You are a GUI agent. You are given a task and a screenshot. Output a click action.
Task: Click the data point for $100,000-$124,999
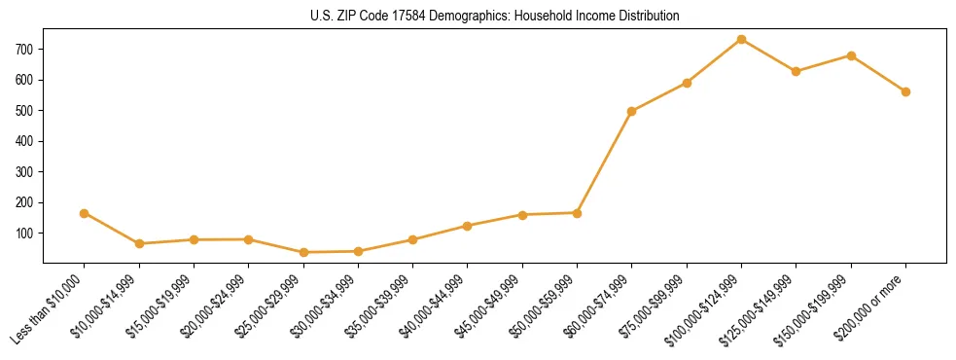click(x=741, y=39)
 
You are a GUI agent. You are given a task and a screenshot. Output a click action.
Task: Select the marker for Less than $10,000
click(x=85, y=213)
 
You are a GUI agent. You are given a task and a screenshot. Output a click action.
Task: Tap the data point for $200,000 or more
click(x=905, y=91)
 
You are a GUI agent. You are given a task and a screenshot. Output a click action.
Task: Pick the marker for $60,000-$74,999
click(x=632, y=111)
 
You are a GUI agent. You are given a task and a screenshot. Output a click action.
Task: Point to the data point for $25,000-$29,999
click(x=303, y=252)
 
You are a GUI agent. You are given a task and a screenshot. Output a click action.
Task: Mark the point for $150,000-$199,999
click(x=851, y=55)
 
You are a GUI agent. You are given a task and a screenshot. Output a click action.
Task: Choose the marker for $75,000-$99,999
click(x=687, y=83)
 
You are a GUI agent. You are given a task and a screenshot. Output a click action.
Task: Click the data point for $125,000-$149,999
click(x=796, y=71)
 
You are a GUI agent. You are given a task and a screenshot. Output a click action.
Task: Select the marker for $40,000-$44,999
click(x=468, y=226)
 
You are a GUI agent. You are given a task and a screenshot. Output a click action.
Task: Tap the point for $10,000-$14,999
click(x=139, y=243)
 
